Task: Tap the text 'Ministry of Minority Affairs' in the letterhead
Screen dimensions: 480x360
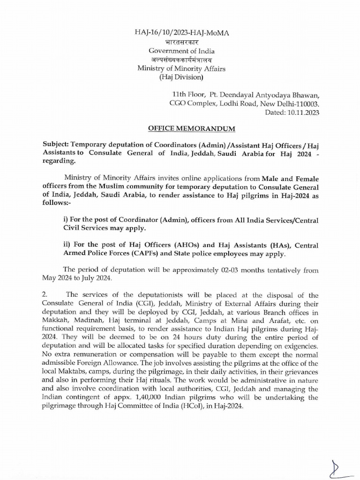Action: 181,68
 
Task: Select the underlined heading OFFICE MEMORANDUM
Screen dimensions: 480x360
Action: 180,128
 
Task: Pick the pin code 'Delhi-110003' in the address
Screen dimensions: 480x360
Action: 299,104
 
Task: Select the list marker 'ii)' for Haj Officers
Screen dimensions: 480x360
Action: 67,244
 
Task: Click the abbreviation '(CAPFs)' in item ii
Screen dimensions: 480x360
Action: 147,254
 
